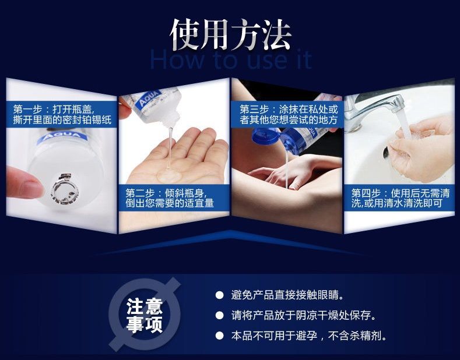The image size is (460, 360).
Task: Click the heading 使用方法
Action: click(231, 34)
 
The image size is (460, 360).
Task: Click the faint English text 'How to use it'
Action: click(231, 60)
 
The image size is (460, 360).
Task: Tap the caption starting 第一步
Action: click(62, 115)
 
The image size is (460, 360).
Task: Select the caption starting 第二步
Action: click(170, 198)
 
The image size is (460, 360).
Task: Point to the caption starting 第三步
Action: click(289, 115)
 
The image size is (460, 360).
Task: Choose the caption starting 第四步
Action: click(400, 198)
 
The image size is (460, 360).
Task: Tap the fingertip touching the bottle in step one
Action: click(23, 182)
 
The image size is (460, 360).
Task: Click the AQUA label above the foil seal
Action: click(62, 137)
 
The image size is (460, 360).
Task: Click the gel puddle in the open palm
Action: click(169, 176)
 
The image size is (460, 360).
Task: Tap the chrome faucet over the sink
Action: click(373, 110)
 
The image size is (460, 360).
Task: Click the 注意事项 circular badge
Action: click(145, 315)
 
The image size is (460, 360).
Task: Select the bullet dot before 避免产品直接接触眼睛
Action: click(219, 295)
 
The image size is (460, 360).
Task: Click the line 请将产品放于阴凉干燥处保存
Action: click(303, 315)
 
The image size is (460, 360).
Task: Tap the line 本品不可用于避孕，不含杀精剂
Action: click(308, 336)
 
